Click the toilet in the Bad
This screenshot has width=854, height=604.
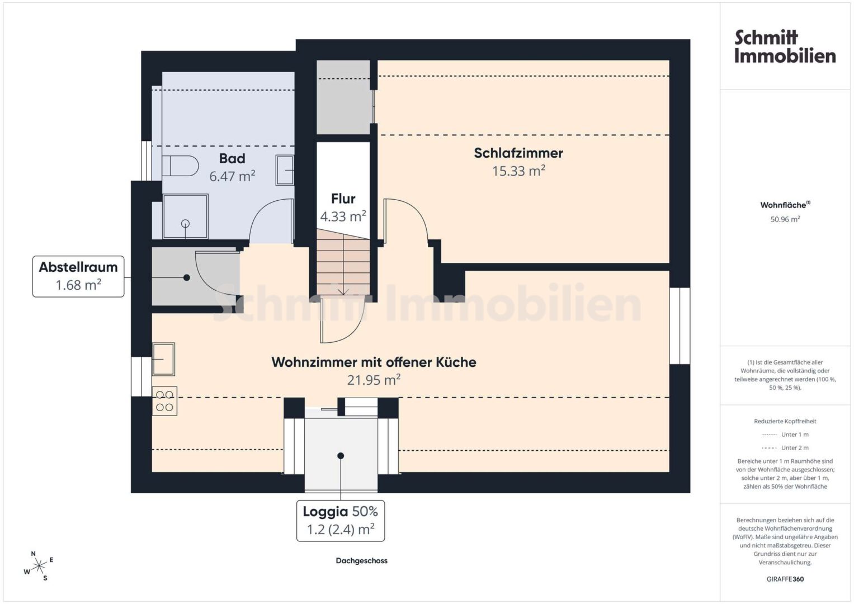180,166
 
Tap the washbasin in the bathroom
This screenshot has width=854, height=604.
285,170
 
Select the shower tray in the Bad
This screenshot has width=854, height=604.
185,216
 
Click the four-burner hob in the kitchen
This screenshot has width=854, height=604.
164,401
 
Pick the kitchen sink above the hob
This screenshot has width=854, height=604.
163,359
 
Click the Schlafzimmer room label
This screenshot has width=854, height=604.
518,153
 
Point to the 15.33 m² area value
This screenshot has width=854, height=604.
518,171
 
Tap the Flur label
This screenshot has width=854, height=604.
343,199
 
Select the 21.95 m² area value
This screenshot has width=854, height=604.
374,380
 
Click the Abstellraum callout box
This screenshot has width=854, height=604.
78,276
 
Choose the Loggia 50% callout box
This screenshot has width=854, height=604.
341,521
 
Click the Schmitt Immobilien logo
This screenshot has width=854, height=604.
785,46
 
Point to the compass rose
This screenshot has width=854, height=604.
39,567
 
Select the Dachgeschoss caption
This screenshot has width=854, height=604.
361,560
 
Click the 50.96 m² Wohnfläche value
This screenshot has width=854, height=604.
785,219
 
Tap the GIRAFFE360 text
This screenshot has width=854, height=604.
785,579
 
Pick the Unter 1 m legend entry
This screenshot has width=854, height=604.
785,435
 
